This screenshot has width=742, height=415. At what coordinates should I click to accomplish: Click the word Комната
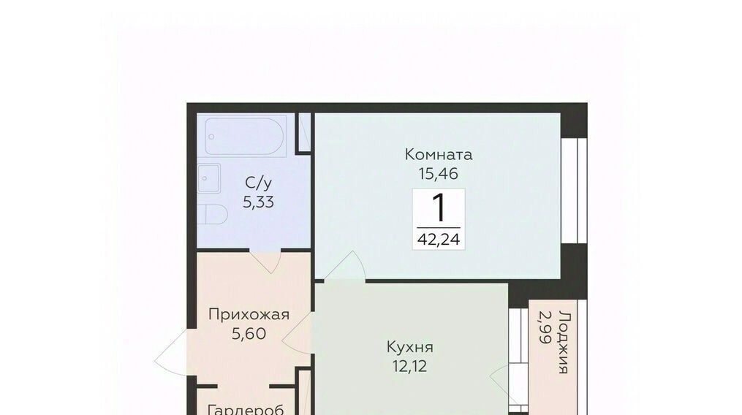point(439,154)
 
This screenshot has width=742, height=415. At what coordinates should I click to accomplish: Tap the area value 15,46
point(438,174)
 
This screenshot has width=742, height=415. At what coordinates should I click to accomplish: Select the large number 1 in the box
point(439,208)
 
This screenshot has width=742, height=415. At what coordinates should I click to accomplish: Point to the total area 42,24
point(439,239)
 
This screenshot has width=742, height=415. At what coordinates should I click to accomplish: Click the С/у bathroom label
point(258,183)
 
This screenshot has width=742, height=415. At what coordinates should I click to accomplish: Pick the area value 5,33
point(258,202)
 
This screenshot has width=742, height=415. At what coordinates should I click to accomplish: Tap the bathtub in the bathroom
point(244,137)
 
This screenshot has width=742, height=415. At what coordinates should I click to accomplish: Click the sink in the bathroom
point(208,178)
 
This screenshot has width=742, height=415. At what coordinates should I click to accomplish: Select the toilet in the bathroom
point(212,214)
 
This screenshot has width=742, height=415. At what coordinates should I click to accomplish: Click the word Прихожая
point(249,314)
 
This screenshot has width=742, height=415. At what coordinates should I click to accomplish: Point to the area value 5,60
point(249,334)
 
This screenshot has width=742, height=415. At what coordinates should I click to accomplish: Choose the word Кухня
point(410,347)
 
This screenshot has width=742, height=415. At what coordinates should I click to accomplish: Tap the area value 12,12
point(410,366)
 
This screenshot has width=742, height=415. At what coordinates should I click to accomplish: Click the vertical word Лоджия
point(563,342)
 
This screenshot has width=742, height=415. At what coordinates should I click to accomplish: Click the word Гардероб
point(246,409)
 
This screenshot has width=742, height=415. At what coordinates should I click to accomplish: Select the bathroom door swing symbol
point(266,262)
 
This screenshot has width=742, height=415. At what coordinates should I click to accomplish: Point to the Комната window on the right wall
point(574,190)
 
